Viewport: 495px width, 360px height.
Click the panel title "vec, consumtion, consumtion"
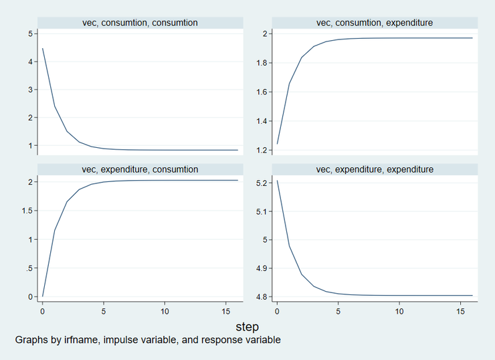[x=140, y=23]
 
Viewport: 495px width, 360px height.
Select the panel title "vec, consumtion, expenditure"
[x=375, y=23]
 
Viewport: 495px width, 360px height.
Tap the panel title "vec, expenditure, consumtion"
[x=140, y=169]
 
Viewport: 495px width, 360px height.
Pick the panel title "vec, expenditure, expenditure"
[x=375, y=169]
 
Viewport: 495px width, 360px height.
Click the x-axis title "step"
[x=248, y=327]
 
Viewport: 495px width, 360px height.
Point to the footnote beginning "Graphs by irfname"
[x=148, y=340]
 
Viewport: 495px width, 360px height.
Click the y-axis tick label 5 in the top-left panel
[x=29, y=33]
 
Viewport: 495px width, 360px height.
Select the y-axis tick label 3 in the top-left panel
[x=29, y=90]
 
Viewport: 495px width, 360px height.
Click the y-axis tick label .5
[x=27, y=268]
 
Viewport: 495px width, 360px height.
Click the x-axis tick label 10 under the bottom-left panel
[x=165, y=311]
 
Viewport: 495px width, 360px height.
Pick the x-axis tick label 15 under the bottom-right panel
[x=461, y=311]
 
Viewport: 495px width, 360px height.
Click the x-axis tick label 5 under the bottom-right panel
[x=338, y=311]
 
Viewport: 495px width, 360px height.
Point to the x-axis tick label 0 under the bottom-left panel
[x=42, y=311]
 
